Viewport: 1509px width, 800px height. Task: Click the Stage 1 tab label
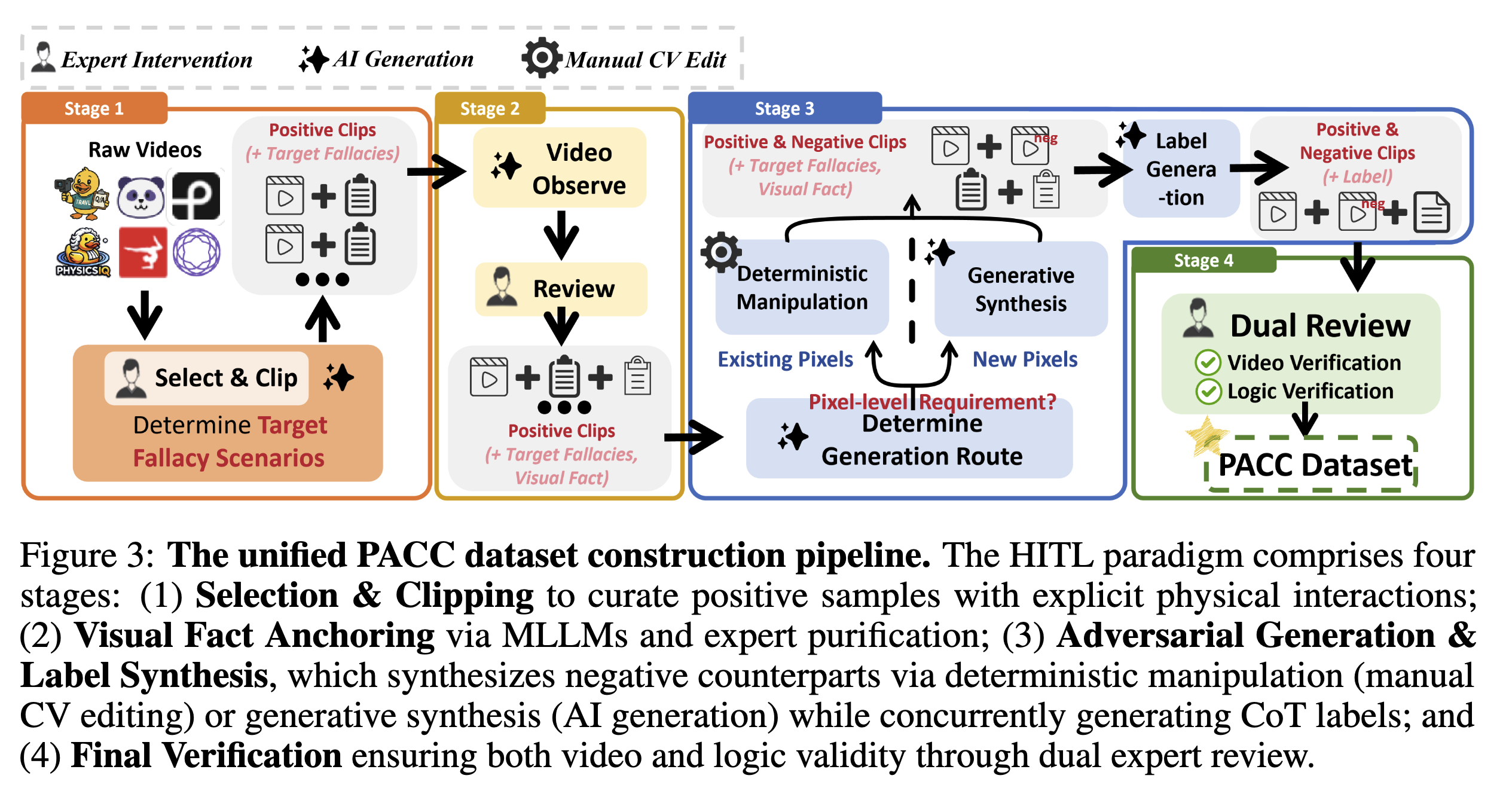pyautogui.click(x=94, y=108)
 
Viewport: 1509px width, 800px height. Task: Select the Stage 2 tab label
pyautogui.click(x=490, y=108)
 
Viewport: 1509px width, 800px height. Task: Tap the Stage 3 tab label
pyautogui.click(x=784, y=108)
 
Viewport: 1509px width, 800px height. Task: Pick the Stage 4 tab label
pyautogui.click(x=1203, y=260)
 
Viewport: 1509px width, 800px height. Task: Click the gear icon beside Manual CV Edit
pyautogui.click(x=542, y=58)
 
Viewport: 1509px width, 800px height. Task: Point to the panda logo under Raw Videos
pyautogui.click(x=140, y=197)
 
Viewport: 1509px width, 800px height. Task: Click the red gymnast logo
pyautogui.click(x=143, y=252)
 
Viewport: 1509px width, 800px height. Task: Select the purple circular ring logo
pyautogui.click(x=197, y=252)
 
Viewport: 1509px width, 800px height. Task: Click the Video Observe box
pyautogui.click(x=560, y=168)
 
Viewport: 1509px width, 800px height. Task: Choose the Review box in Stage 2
pyautogui.click(x=561, y=289)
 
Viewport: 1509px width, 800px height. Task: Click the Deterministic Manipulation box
pyautogui.click(x=802, y=288)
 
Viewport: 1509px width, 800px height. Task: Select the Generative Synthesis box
pyautogui.click(x=1021, y=289)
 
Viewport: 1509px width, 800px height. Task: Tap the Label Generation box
pyautogui.click(x=1181, y=169)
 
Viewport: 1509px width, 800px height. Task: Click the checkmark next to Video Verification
pyautogui.click(x=1208, y=362)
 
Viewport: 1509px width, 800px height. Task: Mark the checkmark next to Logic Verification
pyautogui.click(x=1208, y=392)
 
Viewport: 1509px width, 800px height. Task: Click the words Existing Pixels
pyautogui.click(x=786, y=359)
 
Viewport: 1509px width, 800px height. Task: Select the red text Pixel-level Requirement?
pyautogui.click(x=932, y=401)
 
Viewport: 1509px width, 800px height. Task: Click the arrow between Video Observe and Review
pyautogui.click(x=561, y=234)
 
